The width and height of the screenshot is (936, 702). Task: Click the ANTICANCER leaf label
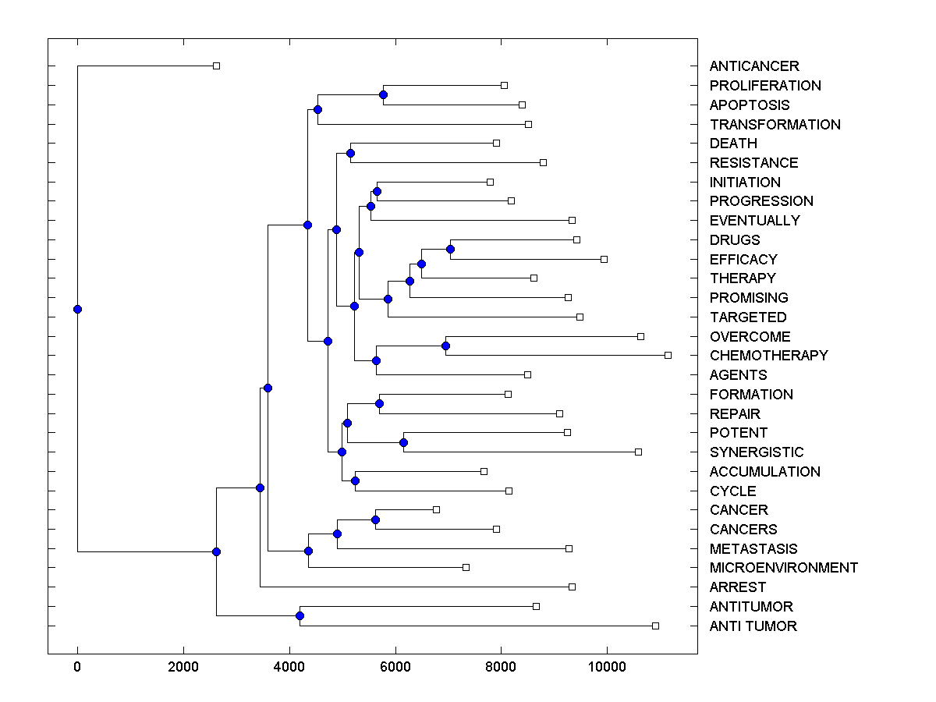pos(754,66)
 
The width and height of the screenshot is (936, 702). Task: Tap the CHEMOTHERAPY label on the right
pos(768,356)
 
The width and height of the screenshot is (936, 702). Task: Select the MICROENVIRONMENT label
pos(783,568)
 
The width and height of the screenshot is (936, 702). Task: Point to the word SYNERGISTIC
pos(756,452)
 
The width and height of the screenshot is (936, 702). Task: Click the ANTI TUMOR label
pos(753,626)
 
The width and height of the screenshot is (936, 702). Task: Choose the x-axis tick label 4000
pos(289,666)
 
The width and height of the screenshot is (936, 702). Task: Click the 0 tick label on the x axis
pos(77,666)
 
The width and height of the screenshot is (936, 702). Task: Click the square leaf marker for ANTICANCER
pos(217,66)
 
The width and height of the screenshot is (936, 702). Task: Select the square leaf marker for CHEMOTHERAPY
pos(668,355)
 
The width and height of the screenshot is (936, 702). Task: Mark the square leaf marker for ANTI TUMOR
pos(655,626)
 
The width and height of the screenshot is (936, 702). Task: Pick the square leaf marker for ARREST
pos(572,587)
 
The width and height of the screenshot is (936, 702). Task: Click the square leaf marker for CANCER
pos(436,509)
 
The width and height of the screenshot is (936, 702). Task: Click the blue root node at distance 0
pos(77,309)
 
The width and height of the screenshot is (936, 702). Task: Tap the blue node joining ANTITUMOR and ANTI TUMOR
pos(300,616)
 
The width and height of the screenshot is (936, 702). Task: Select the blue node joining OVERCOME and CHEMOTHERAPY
pos(445,346)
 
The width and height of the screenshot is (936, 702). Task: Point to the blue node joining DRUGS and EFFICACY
pos(450,250)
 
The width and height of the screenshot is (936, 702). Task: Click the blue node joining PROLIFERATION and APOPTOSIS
pos(383,94)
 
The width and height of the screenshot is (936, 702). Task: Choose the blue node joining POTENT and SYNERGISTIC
pos(403,442)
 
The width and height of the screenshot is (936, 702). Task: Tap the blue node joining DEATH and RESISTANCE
pos(351,153)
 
